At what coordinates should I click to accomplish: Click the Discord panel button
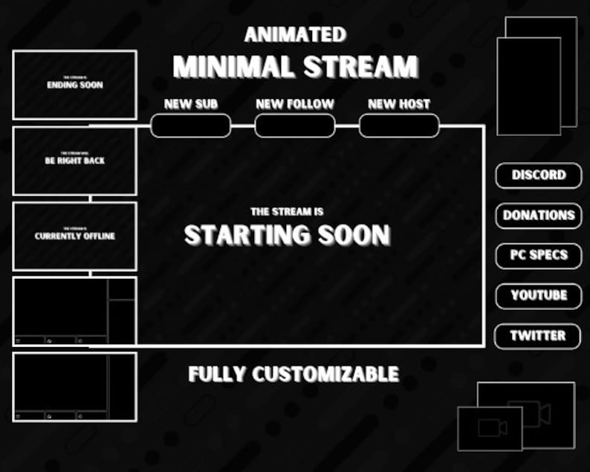(x=539, y=175)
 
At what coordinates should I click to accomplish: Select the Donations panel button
(x=539, y=216)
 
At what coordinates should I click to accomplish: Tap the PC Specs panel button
(x=539, y=255)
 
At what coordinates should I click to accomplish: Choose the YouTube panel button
(x=539, y=295)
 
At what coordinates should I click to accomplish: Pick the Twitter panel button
(x=539, y=335)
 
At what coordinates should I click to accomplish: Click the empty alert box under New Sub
(x=190, y=126)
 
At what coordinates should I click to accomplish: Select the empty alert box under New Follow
(x=295, y=126)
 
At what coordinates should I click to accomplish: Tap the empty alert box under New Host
(x=399, y=126)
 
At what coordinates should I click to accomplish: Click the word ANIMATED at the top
(x=295, y=35)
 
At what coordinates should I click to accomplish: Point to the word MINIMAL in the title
(x=229, y=68)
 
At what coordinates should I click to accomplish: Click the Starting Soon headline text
(x=287, y=236)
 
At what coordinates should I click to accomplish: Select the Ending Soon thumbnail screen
(x=74, y=85)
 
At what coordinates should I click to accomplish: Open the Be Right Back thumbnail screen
(x=74, y=161)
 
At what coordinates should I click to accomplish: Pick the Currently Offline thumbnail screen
(x=74, y=236)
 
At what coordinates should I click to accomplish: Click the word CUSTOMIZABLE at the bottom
(x=325, y=374)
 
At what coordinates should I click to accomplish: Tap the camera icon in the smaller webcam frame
(x=492, y=428)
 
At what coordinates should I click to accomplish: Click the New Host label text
(x=399, y=104)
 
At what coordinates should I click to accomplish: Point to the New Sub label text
(x=190, y=104)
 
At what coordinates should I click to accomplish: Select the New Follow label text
(x=295, y=104)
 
